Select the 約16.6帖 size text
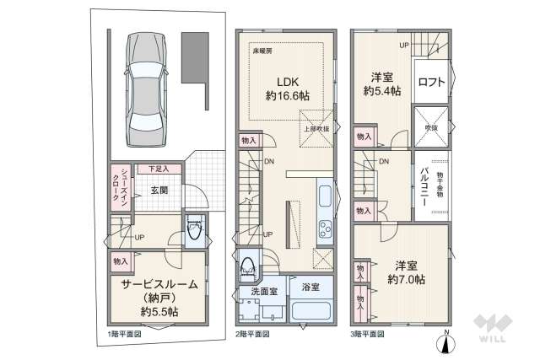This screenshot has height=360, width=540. (287, 96)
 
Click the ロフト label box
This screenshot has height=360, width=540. (431, 82)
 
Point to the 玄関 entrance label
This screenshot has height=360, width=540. (159, 191)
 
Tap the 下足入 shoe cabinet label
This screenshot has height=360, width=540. (153, 169)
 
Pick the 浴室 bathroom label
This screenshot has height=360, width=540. (310, 287)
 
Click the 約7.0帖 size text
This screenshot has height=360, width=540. (406, 277)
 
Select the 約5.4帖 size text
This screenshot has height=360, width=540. (381, 89)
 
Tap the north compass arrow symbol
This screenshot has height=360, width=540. (447, 343)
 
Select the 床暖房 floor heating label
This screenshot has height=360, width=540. (262, 51)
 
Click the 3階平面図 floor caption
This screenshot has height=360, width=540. (368, 334)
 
